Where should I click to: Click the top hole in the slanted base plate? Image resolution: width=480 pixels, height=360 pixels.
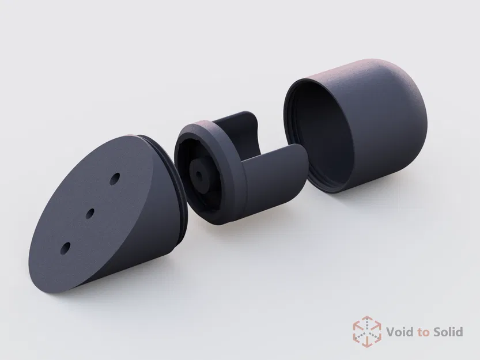115,178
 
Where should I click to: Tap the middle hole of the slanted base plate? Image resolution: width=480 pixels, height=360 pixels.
90,213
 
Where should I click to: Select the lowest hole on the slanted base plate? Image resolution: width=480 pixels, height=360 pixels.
65,248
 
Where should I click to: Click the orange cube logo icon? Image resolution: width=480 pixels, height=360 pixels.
367,331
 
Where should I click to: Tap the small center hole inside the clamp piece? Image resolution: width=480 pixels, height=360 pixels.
200,173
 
